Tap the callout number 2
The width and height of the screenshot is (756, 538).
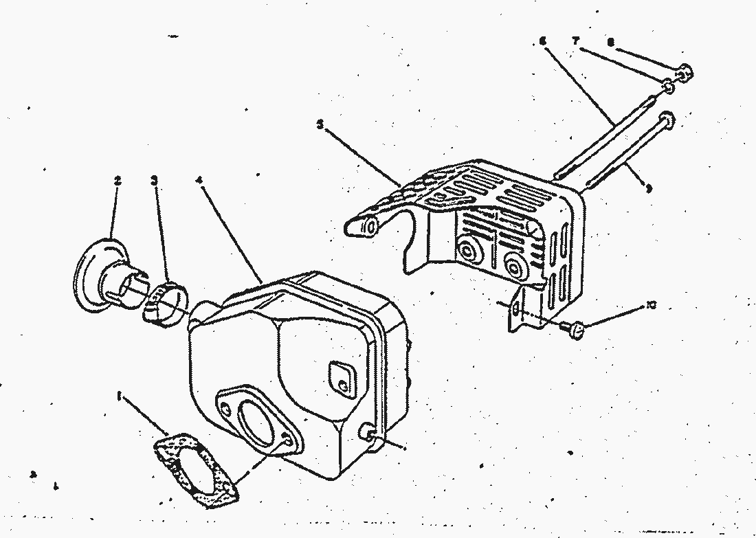point(118,181)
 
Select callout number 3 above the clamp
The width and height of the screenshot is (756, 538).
point(154,181)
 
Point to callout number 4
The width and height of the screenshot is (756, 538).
point(199,181)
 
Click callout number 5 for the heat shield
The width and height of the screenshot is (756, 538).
point(320,124)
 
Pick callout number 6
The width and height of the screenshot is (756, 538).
point(542,41)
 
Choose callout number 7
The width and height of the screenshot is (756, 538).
point(575,41)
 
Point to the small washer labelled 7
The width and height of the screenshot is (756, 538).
point(667,87)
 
